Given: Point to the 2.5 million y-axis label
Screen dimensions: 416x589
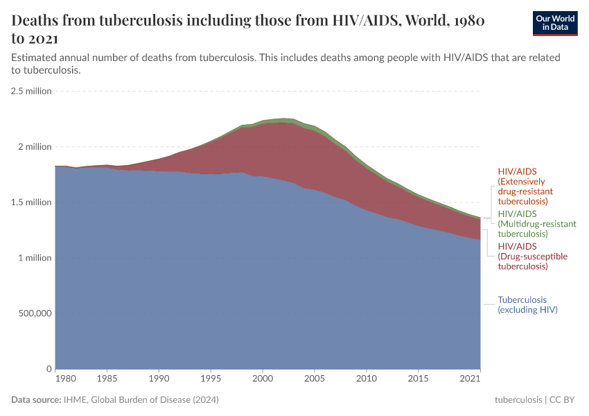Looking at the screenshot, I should (31, 91).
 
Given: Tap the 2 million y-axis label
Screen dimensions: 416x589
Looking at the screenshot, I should (35, 147).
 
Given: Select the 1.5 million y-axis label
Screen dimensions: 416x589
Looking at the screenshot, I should (31, 202).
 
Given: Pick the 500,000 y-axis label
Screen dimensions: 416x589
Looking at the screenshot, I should (33, 313).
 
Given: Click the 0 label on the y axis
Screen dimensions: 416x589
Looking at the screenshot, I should (49, 369).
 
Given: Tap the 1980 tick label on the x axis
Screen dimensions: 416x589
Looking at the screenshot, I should (65, 379).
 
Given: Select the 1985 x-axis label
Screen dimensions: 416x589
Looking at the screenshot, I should (107, 379).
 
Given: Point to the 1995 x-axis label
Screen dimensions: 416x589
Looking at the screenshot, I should (211, 379).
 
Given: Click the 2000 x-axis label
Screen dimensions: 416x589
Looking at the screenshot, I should (263, 379).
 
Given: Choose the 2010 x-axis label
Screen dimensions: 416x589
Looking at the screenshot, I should (366, 379).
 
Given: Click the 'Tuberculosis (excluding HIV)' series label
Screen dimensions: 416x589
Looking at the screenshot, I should (527, 305).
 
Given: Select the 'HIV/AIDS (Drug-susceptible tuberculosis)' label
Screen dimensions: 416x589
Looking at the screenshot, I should (532, 256).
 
